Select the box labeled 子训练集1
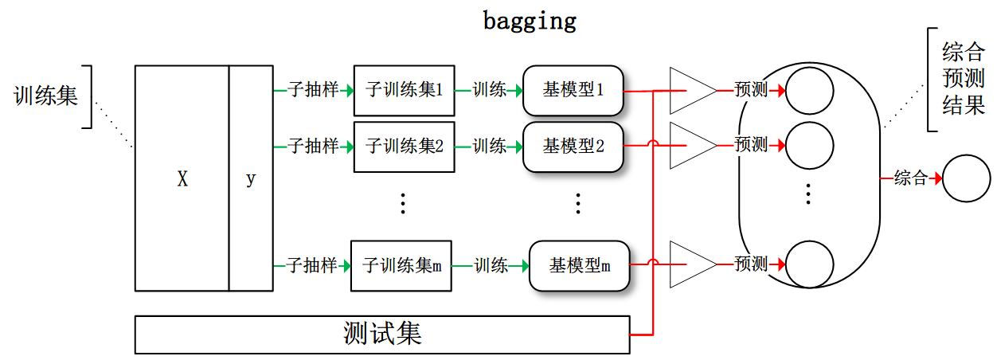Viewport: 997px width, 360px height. click(404, 90)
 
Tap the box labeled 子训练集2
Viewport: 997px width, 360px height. click(404, 146)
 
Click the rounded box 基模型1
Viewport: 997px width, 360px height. click(573, 90)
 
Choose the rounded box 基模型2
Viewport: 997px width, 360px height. click(573, 146)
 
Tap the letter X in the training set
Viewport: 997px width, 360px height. click(182, 179)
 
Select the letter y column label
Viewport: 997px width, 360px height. click(251, 179)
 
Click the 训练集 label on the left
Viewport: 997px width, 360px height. click(45, 96)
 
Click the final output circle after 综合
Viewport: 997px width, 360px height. click(966, 178)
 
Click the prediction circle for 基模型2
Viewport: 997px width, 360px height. click(810, 145)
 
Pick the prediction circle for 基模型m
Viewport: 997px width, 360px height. click(810, 264)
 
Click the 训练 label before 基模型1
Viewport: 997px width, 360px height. click(489, 90)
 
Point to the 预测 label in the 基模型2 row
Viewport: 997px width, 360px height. click(751, 145)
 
